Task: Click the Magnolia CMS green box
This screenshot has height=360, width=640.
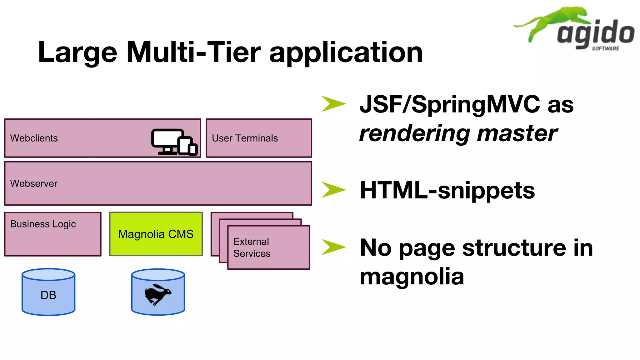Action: [156, 234]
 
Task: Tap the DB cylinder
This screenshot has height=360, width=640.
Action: [48, 292]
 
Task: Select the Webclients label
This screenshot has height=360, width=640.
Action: [34, 138]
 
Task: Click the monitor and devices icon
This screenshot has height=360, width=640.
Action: [174, 142]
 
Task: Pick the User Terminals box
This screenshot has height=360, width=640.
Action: [259, 138]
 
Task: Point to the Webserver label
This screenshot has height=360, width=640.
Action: [34, 183]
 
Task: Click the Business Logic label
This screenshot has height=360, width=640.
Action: [43, 224]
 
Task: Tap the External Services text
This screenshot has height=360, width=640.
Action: [252, 247]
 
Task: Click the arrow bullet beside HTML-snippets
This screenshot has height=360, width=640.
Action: [333, 190]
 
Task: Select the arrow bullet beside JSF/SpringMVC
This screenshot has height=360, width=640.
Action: [333, 104]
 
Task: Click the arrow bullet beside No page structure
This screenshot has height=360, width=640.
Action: [333, 247]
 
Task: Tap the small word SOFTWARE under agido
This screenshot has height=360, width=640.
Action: [605, 48]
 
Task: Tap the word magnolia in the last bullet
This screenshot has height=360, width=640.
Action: [412, 277]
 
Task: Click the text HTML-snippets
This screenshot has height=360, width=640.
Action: [447, 190]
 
